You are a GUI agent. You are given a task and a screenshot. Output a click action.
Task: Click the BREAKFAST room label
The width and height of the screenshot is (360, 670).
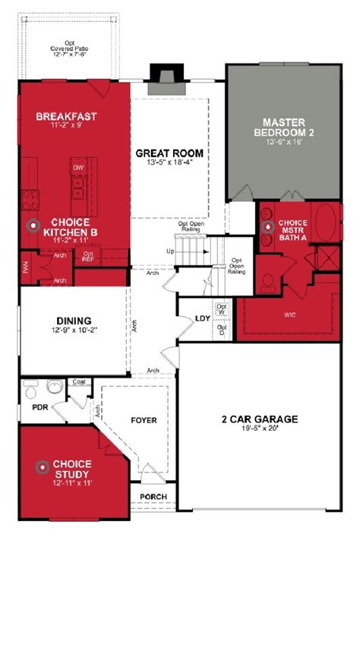[x=67, y=116]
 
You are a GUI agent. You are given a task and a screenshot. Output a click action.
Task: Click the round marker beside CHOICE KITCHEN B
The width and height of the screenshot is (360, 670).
[x=33, y=226]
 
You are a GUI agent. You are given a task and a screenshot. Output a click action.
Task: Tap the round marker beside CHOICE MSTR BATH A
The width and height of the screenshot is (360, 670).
[x=267, y=226]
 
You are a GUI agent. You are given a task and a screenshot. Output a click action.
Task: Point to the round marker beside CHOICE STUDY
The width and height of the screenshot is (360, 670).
[x=43, y=466]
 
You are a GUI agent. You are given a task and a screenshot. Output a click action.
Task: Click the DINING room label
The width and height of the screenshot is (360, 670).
[x=74, y=321]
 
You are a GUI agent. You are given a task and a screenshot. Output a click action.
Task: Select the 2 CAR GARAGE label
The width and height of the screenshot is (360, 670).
[x=260, y=419]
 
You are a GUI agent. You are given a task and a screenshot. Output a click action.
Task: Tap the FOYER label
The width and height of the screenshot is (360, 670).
[x=144, y=419]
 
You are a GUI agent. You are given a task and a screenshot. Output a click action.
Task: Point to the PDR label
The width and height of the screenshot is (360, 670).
[x=39, y=407]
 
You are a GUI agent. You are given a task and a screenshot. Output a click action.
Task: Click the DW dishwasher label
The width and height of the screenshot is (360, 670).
[x=78, y=167]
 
